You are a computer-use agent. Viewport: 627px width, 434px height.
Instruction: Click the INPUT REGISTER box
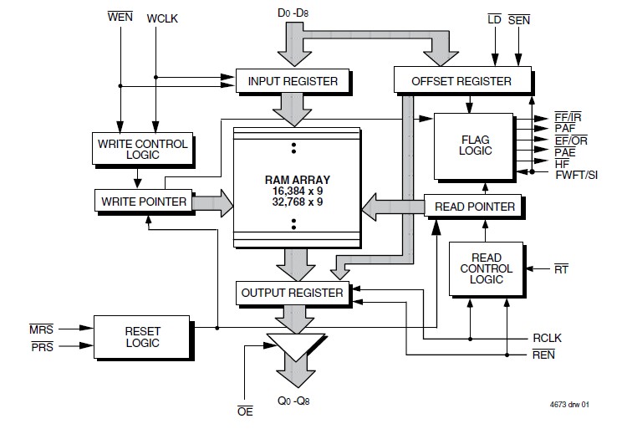tap(293, 81)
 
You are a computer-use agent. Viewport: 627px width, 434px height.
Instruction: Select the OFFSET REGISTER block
tap(461, 81)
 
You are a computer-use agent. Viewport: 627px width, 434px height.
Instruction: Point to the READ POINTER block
tap(474, 207)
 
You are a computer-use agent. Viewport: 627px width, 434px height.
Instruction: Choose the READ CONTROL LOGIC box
tap(486, 269)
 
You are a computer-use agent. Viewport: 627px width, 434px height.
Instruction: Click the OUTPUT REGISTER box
tap(292, 293)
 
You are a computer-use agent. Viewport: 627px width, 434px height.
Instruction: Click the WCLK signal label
tap(163, 18)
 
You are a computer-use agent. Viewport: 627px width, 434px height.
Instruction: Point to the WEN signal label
tap(121, 17)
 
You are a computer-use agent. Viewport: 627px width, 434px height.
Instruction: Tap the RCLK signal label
tap(548, 339)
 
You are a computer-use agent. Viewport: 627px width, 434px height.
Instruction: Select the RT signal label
tap(561, 268)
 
